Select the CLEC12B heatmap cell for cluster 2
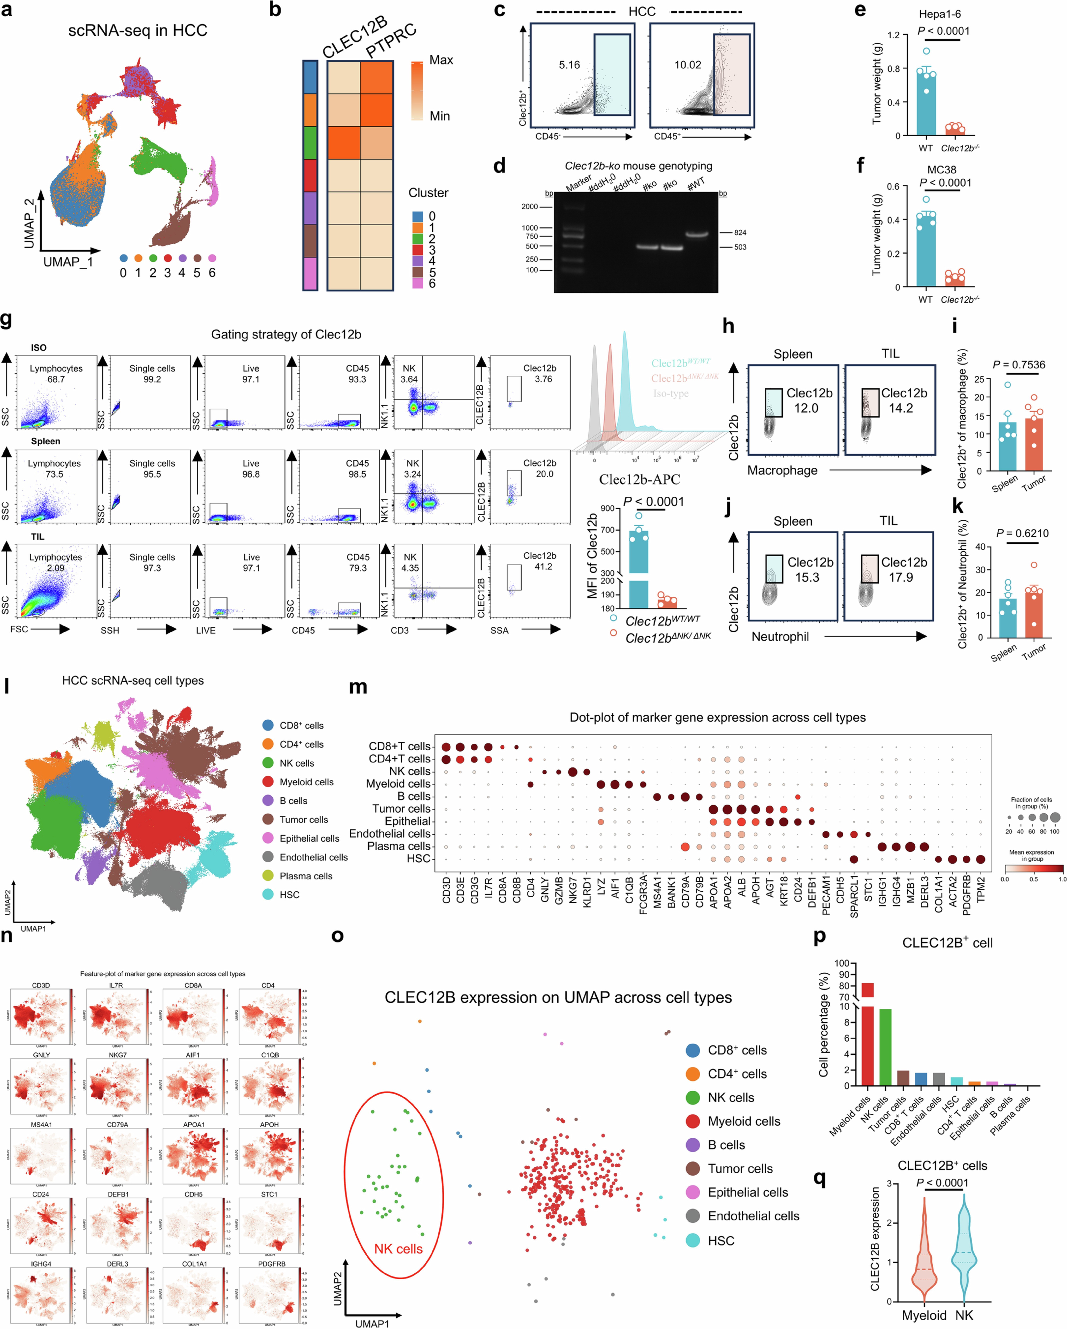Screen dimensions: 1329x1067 [x=343, y=142]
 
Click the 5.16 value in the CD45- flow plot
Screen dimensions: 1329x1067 [x=569, y=65]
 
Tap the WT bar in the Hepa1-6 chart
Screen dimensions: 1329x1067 [x=926, y=102]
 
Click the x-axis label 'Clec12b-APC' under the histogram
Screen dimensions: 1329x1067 [x=639, y=479]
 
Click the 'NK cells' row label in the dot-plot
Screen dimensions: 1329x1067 [x=409, y=771]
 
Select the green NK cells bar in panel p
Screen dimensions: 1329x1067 [x=885, y=1047]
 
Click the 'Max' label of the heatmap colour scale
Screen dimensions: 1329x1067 [x=441, y=60]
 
